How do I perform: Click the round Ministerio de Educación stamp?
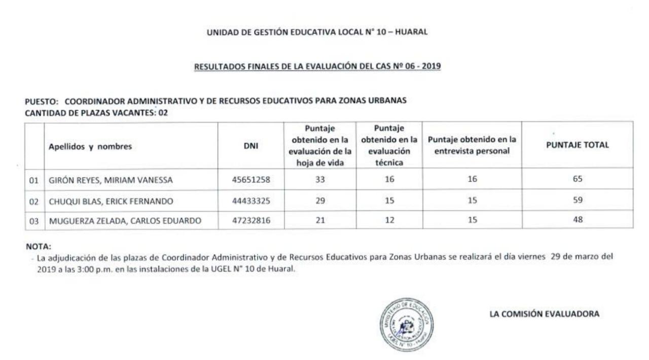click(x=406, y=325)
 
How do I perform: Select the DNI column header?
click(x=251, y=146)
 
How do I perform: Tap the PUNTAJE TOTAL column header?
click(x=578, y=145)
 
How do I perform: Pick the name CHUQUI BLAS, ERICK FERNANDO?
click(x=111, y=201)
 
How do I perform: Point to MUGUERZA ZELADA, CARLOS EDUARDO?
click(x=125, y=221)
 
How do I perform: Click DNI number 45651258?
click(x=250, y=179)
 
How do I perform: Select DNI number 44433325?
click(x=250, y=201)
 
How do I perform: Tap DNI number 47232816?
click(x=250, y=221)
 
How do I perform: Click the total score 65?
click(x=578, y=179)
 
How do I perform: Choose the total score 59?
click(x=578, y=200)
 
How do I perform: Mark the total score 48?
click(x=578, y=220)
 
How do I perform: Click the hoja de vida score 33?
click(x=320, y=179)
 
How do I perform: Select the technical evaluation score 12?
click(x=389, y=220)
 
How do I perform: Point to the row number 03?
click(x=34, y=221)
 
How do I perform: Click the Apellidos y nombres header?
click(x=90, y=147)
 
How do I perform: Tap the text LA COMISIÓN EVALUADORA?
click(x=544, y=314)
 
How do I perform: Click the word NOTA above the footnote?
click(x=39, y=247)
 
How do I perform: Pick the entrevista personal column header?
click(x=472, y=145)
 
